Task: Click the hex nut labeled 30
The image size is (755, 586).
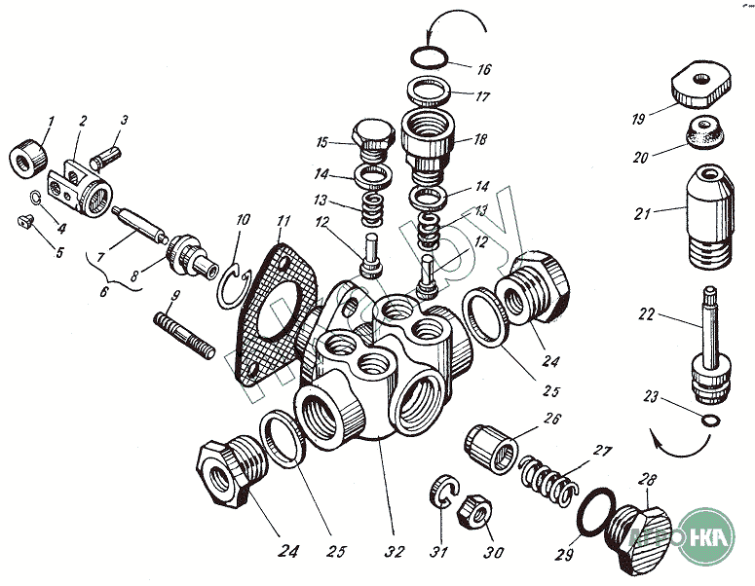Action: click(476, 508)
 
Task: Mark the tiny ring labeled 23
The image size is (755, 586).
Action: click(712, 420)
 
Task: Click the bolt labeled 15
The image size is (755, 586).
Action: click(372, 143)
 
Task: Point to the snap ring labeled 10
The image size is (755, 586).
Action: click(232, 284)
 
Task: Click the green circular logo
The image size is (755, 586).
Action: click(708, 537)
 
